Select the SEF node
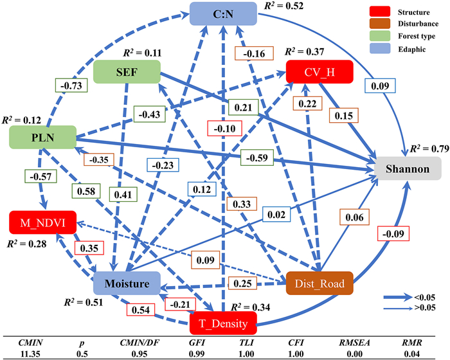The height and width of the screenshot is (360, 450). click(x=126, y=72)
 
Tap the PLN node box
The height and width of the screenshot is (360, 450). click(x=42, y=136)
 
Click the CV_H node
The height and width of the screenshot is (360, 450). click(x=319, y=73)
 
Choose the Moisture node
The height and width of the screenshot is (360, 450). click(x=126, y=283)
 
